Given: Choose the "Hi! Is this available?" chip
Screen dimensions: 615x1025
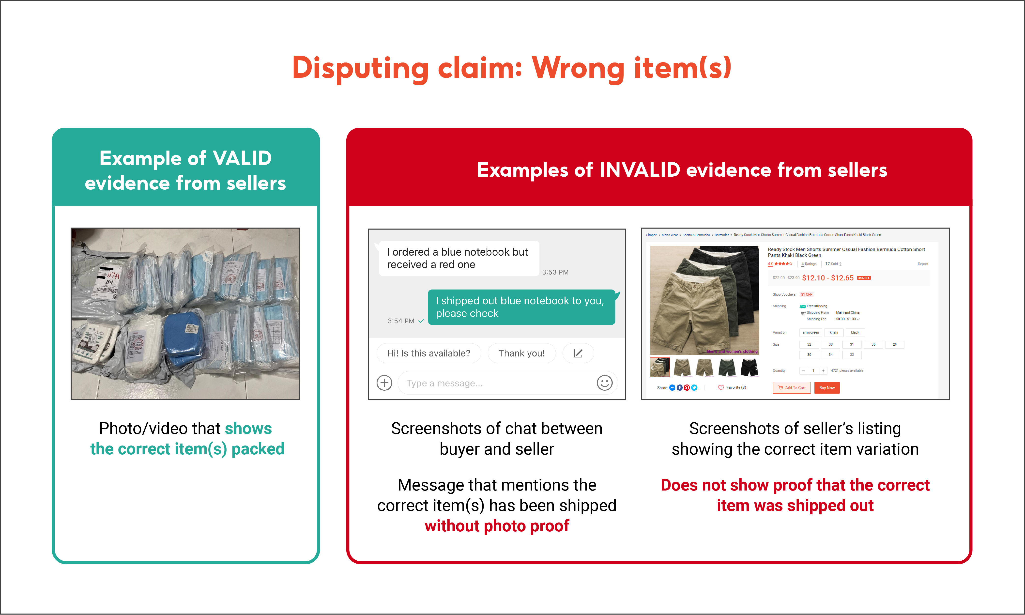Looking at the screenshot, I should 428,353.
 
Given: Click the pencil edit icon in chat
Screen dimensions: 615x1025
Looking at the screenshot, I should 578,353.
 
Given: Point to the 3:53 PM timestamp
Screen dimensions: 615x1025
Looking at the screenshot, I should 555,272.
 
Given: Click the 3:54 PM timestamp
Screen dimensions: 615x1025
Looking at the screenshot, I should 401,321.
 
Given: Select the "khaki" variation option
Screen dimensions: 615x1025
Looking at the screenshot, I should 834,332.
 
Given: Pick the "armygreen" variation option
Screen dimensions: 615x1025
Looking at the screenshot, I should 811,332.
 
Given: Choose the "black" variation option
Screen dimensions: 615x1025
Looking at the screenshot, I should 855,332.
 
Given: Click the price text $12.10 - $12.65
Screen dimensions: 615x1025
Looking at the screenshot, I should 827,278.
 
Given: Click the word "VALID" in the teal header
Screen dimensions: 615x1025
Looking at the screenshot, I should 242,158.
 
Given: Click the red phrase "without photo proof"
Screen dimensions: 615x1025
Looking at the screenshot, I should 497,526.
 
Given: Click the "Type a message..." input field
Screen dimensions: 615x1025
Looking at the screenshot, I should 493,383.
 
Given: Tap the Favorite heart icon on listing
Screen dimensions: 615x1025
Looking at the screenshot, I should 721,387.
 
